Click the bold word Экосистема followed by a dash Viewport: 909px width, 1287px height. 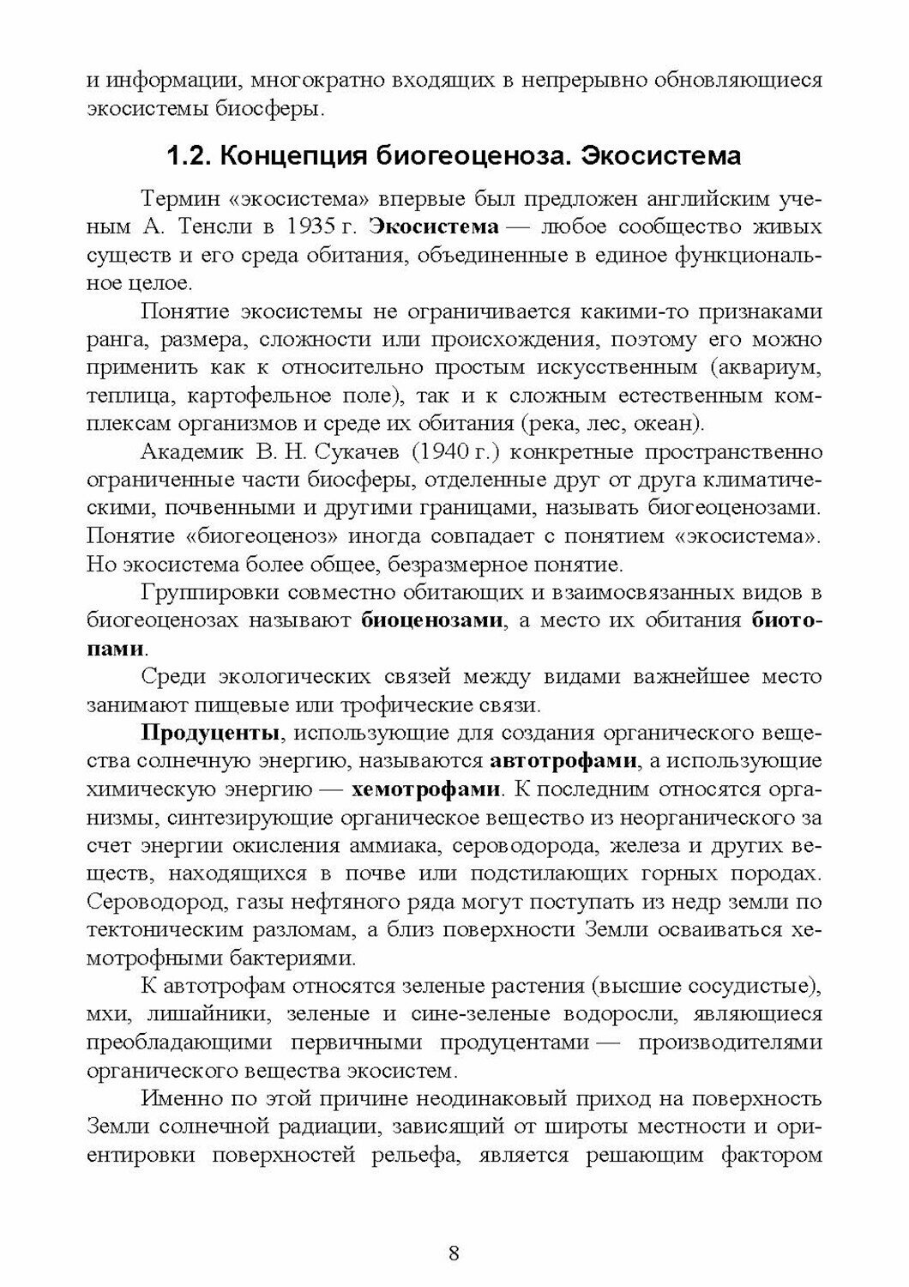tap(436, 227)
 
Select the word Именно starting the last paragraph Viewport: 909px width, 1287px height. tap(178, 1097)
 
